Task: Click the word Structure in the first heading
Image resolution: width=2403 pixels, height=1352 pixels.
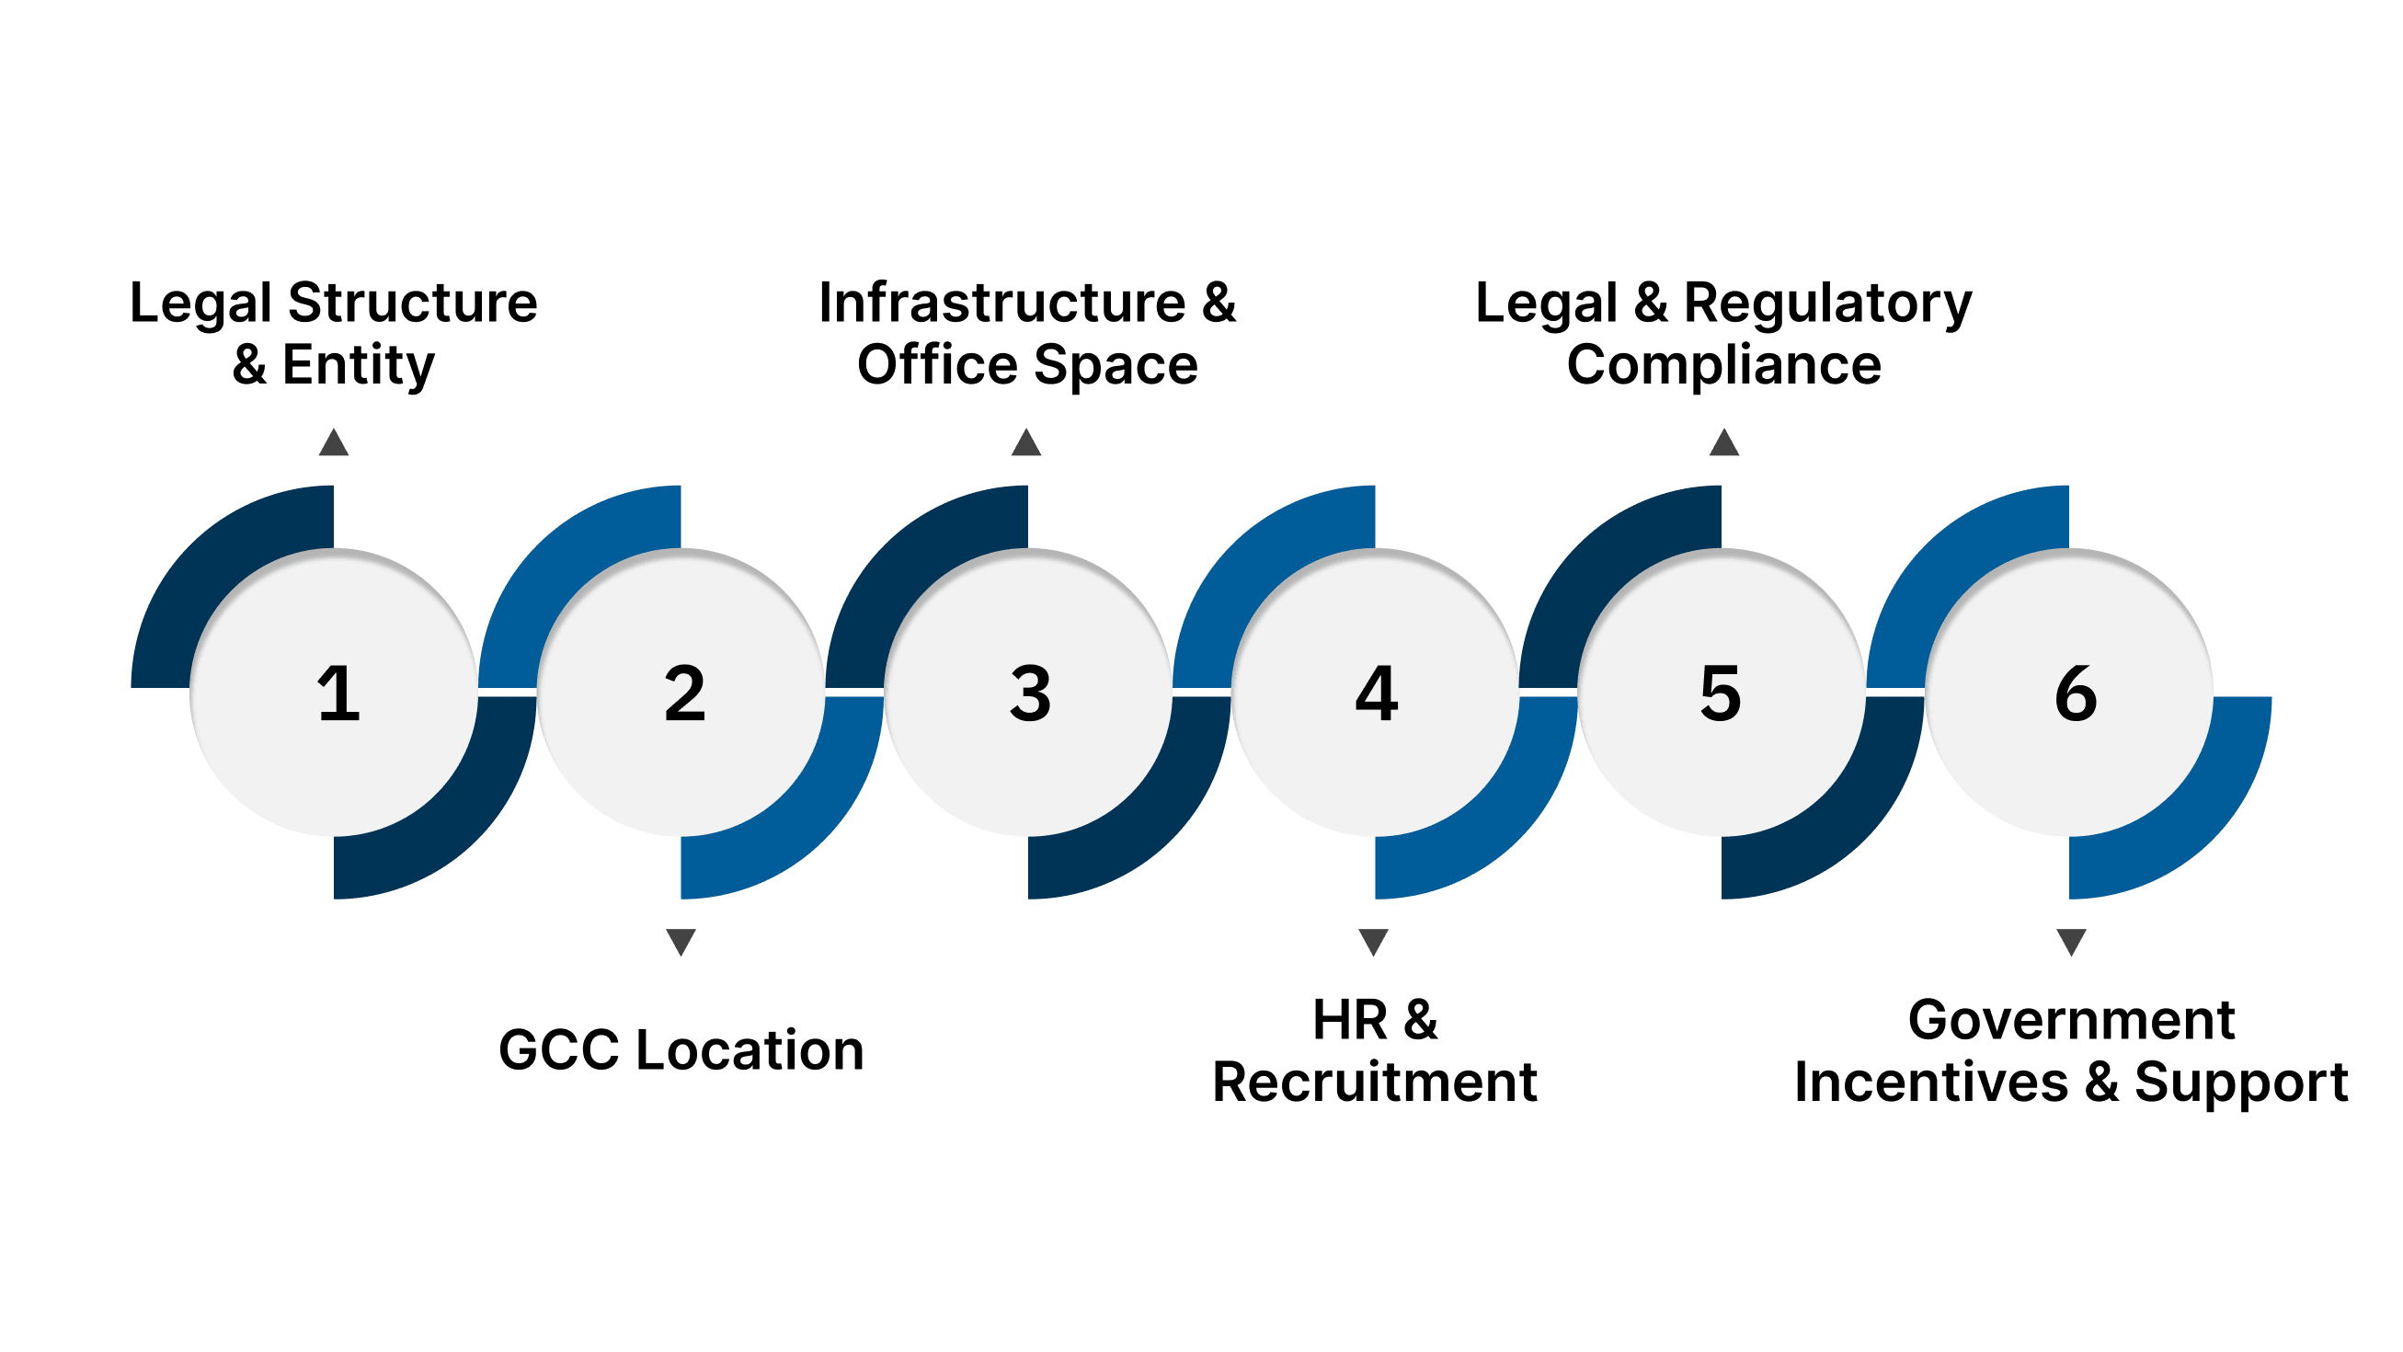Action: pos(412,304)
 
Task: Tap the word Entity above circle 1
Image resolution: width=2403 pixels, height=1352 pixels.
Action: pos(359,365)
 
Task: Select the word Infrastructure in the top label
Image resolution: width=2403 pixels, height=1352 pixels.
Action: pos(1001,304)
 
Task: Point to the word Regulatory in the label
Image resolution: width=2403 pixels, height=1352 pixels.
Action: pos(1827,304)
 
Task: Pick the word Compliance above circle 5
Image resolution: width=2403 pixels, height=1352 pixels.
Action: pos(1724,365)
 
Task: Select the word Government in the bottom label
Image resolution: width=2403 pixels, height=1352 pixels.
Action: pos(2071,1020)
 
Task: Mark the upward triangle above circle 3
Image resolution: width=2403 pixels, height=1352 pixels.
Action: pos(1026,443)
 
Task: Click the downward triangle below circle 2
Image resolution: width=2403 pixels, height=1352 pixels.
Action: pos(681,941)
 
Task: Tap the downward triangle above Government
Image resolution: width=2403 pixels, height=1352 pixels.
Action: pos(2071,941)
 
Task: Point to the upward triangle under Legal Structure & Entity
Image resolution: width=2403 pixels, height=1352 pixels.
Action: pos(334,443)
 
